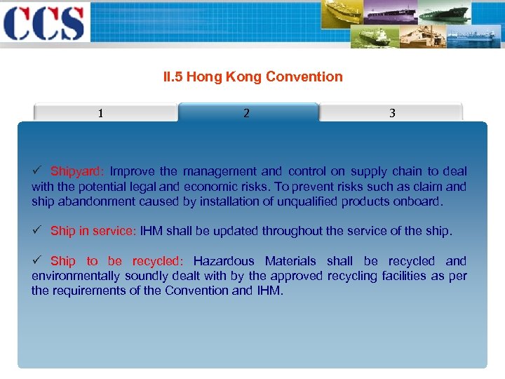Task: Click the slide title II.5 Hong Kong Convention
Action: click(252, 77)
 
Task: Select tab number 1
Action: click(101, 113)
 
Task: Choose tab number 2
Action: click(246, 113)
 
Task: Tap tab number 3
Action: click(392, 113)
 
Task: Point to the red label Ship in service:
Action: click(93, 231)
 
